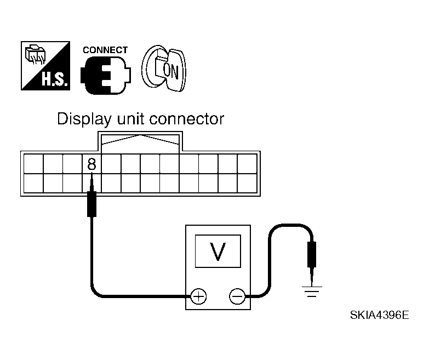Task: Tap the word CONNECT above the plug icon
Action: click(105, 50)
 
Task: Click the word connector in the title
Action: click(188, 119)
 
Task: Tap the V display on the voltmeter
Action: click(218, 252)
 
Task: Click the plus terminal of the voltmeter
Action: click(198, 297)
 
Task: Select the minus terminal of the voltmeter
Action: click(237, 297)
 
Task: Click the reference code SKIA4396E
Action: click(380, 317)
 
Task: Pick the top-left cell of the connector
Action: click(33, 163)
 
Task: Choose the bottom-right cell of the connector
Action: click(247, 182)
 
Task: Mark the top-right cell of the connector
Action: click(247, 163)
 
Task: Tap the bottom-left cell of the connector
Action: click(33, 182)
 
